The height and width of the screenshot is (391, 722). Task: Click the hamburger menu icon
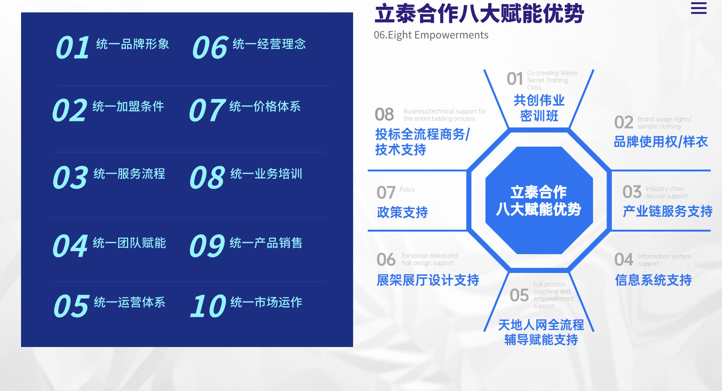699,8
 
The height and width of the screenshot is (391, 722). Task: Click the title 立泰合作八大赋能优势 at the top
479,14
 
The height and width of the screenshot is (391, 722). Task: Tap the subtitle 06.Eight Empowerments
431,35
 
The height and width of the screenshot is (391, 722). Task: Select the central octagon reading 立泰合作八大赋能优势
539,200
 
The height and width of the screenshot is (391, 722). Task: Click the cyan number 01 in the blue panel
73,48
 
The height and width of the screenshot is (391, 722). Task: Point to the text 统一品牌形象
133,44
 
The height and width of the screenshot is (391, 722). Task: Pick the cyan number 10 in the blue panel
208,306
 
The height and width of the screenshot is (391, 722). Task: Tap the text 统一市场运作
266,302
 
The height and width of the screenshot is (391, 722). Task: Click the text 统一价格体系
265,106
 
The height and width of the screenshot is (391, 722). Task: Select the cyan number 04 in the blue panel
70,246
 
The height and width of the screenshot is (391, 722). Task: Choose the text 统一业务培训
266,174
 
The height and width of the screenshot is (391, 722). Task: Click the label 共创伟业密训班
539,108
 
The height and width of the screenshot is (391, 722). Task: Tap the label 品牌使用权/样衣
661,142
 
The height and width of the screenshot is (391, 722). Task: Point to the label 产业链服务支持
667,211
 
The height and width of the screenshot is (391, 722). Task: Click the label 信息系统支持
654,280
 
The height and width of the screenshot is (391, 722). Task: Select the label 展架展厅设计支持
428,280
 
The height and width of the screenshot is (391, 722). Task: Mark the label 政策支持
402,212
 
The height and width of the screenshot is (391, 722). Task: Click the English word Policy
407,189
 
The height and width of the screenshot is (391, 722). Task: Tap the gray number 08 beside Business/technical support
384,114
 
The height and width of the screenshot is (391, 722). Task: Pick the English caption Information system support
664,260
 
